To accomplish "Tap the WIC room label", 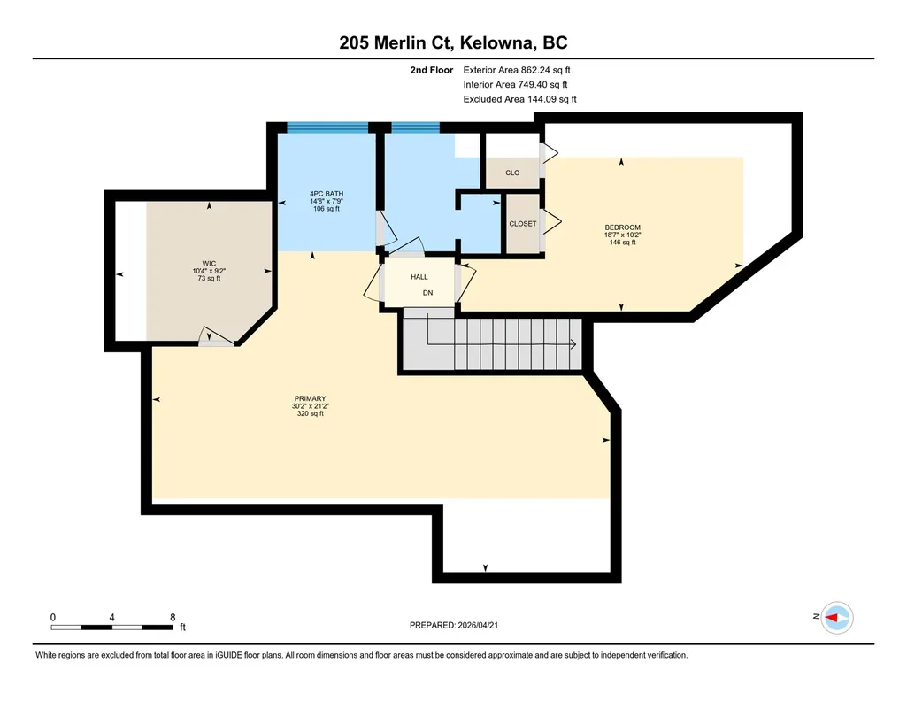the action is click(209, 264).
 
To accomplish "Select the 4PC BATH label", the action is click(327, 194).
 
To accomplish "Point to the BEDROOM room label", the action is click(622, 227).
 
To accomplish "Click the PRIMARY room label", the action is click(310, 398).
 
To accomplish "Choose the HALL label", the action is click(419, 277).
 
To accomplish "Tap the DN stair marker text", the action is click(427, 293).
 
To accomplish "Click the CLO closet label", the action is click(512, 173).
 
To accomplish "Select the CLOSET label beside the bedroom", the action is click(523, 223).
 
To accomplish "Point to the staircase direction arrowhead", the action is click(573, 344).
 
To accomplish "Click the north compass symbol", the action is click(837, 618).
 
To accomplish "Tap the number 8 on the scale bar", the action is click(173, 617).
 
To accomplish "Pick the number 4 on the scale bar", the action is click(111, 617).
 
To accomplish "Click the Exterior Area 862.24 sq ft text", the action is click(517, 70).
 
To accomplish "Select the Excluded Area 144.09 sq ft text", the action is click(519, 99).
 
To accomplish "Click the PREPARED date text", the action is click(453, 625).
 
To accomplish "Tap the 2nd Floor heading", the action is click(432, 70).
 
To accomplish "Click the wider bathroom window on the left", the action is click(327, 127).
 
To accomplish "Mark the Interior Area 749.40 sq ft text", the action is click(515, 84).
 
